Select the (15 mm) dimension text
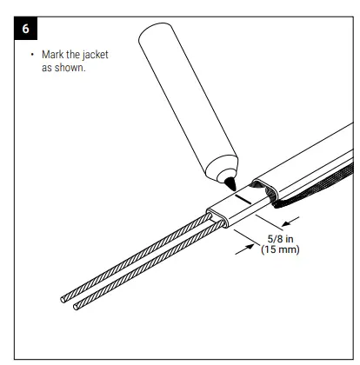pos(278,257)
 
